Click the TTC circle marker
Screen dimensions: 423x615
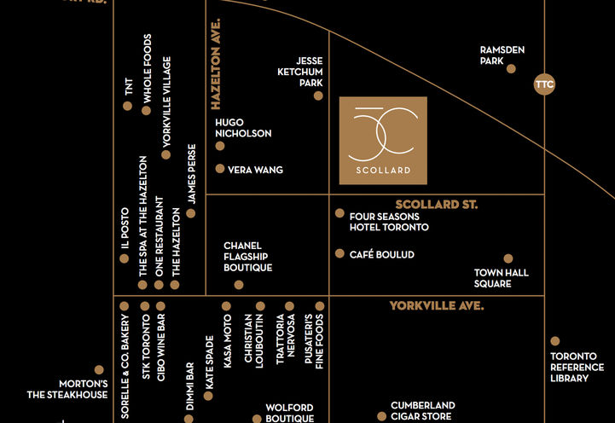click(543, 84)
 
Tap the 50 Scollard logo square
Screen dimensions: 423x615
click(383, 141)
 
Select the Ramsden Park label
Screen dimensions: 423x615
click(502, 55)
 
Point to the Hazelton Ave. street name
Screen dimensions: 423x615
click(217, 64)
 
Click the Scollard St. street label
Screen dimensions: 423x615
click(436, 205)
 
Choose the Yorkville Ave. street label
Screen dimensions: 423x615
click(436, 305)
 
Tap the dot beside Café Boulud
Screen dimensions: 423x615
click(339, 253)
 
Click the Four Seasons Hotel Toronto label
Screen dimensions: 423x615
click(389, 222)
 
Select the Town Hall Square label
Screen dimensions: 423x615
click(502, 278)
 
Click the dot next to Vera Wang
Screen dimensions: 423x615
click(220, 169)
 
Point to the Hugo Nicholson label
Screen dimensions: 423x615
click(243, 128)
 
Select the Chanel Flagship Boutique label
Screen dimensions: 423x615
click(247, 256)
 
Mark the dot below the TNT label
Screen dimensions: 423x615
click(127, 107)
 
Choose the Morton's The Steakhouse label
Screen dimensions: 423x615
click(67, 389)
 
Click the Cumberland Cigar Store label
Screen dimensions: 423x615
click(423, 411)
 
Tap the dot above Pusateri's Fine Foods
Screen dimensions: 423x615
click(320, 305)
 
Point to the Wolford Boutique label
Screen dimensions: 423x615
click(289, 413)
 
